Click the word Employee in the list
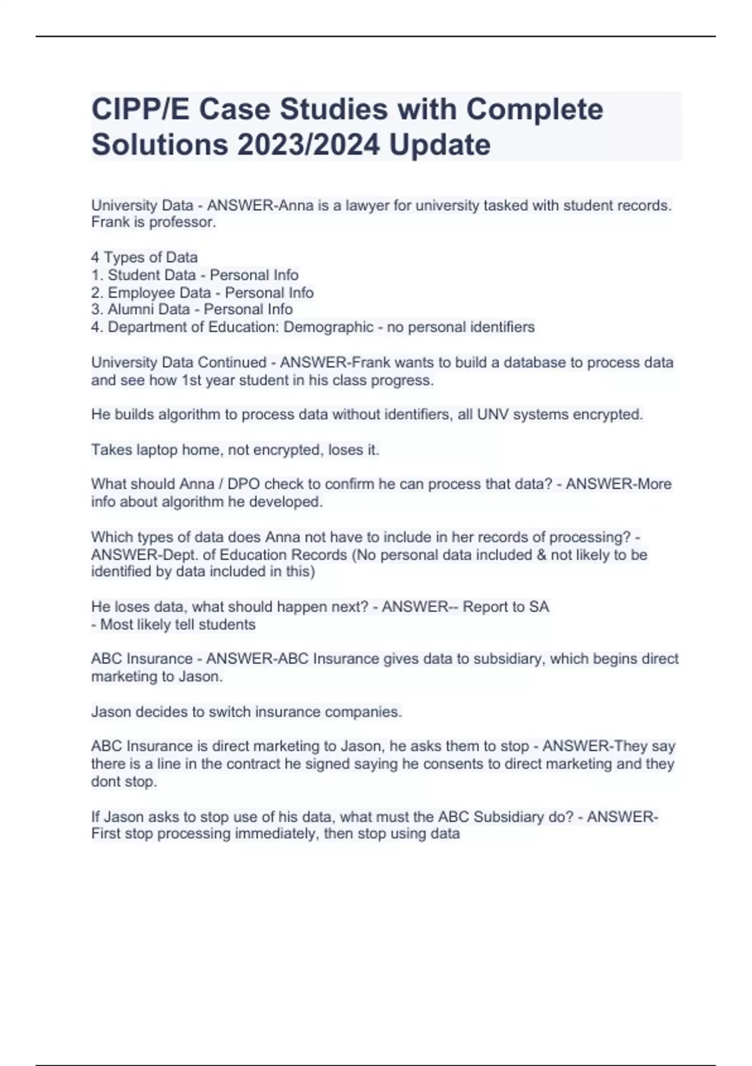tap(142, 292)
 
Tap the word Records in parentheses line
tap(320, 555)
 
